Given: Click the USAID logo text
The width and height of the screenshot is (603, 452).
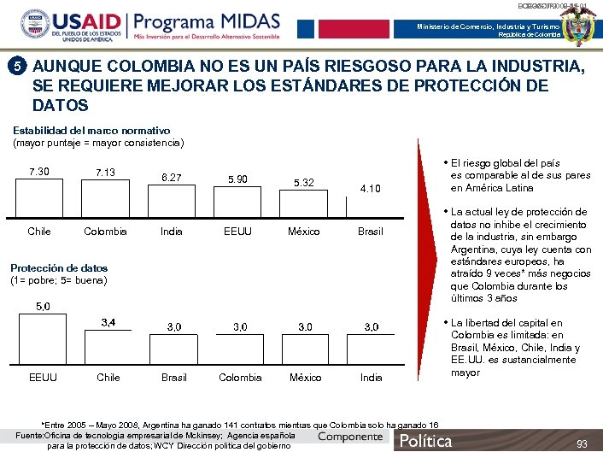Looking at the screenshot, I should (85, 22).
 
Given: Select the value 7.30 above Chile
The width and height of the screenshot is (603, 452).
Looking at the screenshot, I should (39, 172).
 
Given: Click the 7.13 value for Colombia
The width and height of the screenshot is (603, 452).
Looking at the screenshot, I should (105, 172).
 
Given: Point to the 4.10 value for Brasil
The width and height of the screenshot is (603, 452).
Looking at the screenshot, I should (371, 188).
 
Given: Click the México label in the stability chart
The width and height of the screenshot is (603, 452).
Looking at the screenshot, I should (304, 232).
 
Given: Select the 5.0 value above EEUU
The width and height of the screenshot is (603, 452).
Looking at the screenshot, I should (41, 306).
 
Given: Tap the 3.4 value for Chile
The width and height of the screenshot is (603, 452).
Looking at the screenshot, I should (108, 322).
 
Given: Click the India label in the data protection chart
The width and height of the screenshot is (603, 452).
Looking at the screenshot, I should (372, 377).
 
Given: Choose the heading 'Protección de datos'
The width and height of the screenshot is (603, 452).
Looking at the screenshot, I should (58, 268).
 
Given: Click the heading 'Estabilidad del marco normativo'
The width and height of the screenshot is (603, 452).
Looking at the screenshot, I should (91, 130).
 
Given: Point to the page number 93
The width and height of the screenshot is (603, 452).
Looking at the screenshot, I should (582, 443).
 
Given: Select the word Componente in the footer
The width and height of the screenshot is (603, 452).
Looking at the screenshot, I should (350, 437).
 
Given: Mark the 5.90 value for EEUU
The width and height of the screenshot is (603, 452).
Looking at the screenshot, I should (237, 179).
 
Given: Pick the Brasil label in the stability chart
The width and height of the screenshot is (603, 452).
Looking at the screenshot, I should (371, 232).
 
